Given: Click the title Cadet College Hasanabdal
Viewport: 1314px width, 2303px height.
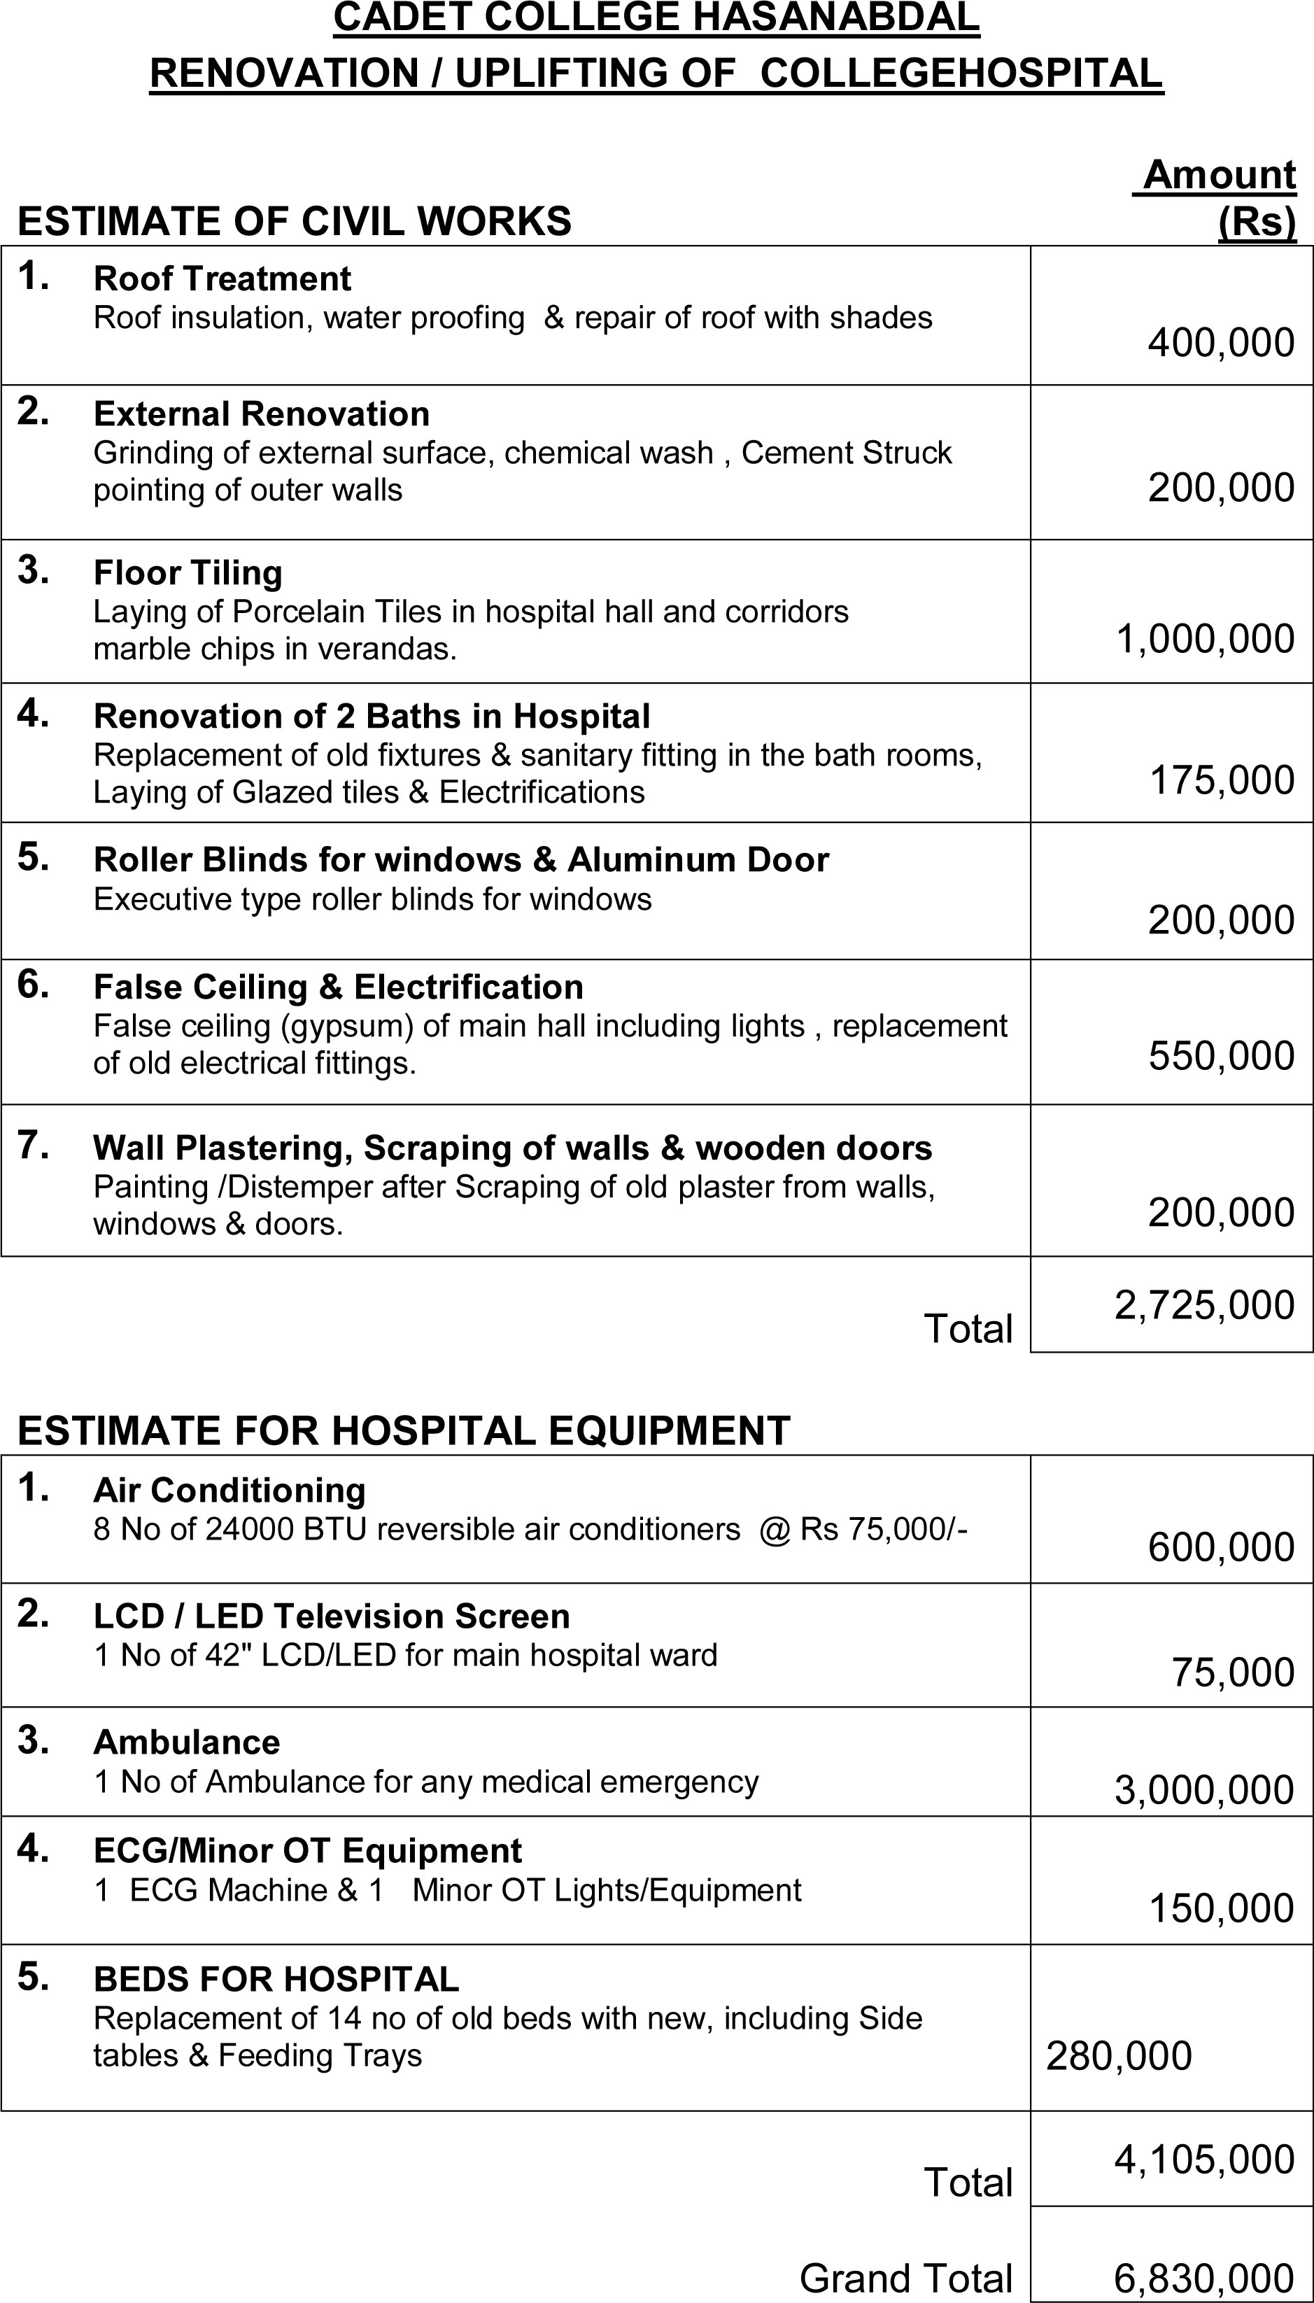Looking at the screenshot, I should pos(656,18).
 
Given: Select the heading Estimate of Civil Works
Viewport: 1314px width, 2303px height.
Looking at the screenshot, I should pos(294,221).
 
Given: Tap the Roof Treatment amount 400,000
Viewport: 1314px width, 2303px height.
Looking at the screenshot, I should pos(1220,343).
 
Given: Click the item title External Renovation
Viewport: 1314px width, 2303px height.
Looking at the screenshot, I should pos(261,414).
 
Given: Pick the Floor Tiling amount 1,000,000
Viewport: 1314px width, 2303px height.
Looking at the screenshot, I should pos(1205,638).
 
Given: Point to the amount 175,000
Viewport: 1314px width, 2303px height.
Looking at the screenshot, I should pos(1221,780).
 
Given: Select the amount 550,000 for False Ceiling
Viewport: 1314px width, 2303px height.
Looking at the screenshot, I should pos(1221,1055).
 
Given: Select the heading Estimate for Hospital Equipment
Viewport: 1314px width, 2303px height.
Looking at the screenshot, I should pos(404,1430).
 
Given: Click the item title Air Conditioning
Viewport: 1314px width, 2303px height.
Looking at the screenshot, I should pos(229,1490).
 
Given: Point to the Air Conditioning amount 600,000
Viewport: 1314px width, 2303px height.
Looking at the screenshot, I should pos(1220,1547).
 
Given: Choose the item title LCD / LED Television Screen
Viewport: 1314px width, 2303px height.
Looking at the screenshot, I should pos(331,1615).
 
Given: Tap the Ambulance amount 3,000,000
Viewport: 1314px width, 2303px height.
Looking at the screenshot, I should pos(1204,1789).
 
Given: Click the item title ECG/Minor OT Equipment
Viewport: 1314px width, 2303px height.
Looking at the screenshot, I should pos(307,1850).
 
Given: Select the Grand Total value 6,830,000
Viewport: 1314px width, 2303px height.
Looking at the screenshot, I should pos(1204,2278).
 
